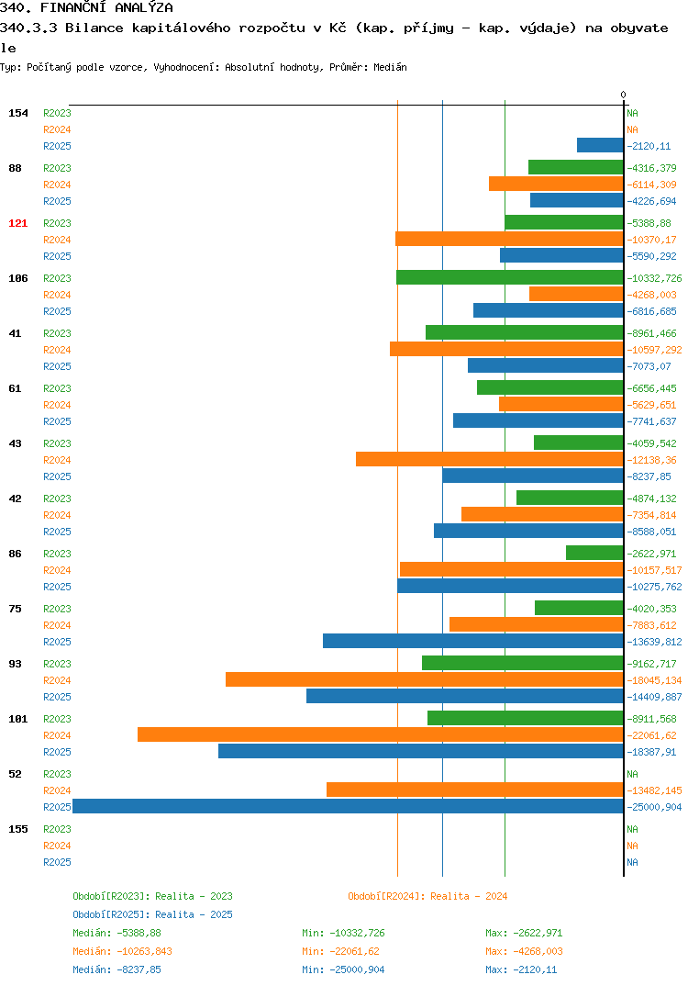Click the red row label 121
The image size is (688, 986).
pos(17,223)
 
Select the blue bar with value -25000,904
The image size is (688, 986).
pos(348,806)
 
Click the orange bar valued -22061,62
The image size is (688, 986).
pos(380,734)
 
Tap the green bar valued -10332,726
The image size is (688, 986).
pos(509,277)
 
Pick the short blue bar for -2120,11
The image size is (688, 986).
pos(600,145)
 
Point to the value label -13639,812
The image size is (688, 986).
pos(654,642)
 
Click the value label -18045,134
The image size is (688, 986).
pos(654,680)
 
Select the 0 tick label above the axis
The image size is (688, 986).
pos(623,95)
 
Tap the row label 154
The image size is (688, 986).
pos(18,113)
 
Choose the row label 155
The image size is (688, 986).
pos(18,829)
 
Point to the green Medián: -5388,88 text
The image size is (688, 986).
pos(117,933)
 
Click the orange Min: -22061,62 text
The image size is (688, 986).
pos(340,951)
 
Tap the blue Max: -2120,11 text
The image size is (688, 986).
pos(521,969)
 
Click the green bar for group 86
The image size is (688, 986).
pos(594,553)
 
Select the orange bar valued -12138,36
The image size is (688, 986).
pos(490,459)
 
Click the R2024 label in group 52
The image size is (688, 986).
pos(57,791)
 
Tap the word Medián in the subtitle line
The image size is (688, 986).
pos(390,67)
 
